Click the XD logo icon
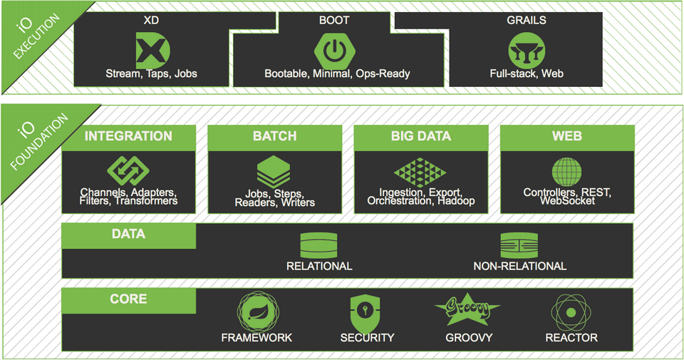(x=151, y=50)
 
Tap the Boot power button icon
(x=336, y=50)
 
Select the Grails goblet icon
(x=526, y=51)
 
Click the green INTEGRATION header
(x=128, y=137)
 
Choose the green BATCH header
(x=274, y=137)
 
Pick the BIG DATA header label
(x=420, y=137)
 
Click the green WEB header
(x=566, y=137)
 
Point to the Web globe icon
(x=566, y=172)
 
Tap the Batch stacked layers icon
(x=274, y=172)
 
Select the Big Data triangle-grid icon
(x=420, y=172)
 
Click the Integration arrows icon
(x=128, y=171)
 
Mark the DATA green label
(x=128, y=235)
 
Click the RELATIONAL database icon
(x=318, y=245)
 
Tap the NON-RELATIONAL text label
(x=519, y=267)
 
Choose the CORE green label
(x=128, y=299)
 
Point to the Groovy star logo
(x=468, y=310)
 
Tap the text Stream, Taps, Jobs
(x=151, y=73)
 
